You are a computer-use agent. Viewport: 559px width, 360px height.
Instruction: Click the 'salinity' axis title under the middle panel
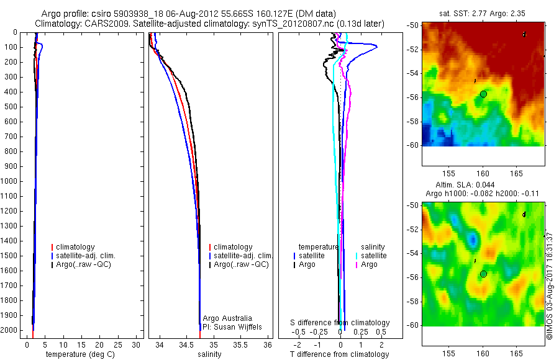click(209, 354)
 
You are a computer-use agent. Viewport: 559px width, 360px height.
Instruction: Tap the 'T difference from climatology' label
click(339, 354)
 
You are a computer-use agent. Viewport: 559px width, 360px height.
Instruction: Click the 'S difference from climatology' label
click(340, 323)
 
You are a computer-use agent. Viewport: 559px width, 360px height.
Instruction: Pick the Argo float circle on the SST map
click(483, 94)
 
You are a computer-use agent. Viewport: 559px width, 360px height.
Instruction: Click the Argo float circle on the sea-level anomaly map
click(483, 274)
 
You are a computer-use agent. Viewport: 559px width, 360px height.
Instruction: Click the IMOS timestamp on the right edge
click(549, 286)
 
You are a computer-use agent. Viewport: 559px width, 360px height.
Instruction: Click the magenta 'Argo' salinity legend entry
click(369, 264)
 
